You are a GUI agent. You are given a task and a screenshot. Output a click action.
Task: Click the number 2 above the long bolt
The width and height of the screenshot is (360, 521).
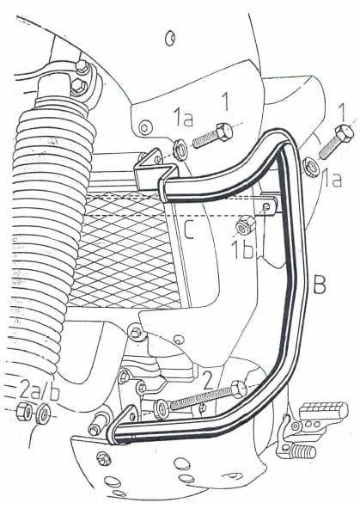(207, 376)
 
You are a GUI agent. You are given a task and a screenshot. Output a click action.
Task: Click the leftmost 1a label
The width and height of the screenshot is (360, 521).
(183, 115)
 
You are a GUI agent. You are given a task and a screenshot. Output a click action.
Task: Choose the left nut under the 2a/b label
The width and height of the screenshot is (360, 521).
(25, 412)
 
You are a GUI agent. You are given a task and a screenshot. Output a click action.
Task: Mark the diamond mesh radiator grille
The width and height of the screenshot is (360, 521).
(120, 254)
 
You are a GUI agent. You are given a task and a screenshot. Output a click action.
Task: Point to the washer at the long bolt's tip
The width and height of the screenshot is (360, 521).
(161, 408)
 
